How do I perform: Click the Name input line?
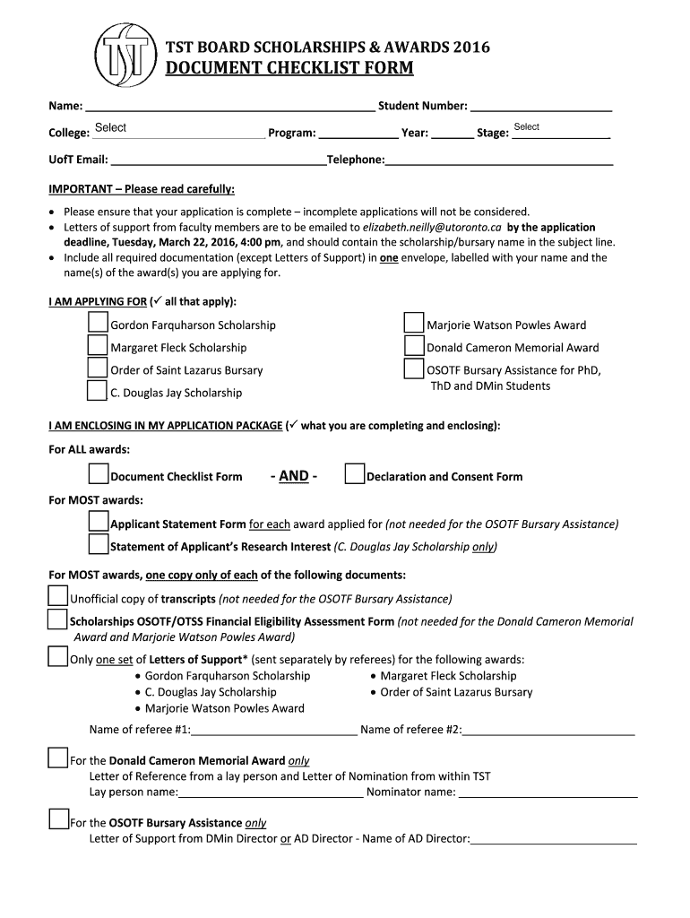click(x=229, y=106)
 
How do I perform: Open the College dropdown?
click(x=177, y=131)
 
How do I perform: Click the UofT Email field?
click(x=218, y=160)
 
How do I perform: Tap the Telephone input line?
click(x=499, y=160)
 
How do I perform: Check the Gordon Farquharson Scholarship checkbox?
click(x=98, y=323)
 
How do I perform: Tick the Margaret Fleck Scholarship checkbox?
click(x=98, y=345)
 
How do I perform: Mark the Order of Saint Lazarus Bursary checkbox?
click(x=98, y=368)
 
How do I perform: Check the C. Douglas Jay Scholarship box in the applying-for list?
click(x=98, y=390)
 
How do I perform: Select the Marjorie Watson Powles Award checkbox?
click(x=414, y=323)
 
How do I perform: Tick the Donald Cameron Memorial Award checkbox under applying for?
click(x=414, y=346)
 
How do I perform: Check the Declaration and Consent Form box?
click(x=355, y=474)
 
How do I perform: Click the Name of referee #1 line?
click(x=274, y=730)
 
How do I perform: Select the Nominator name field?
click(x=548, y=792)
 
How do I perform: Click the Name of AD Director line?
click(x=554, y=839)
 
